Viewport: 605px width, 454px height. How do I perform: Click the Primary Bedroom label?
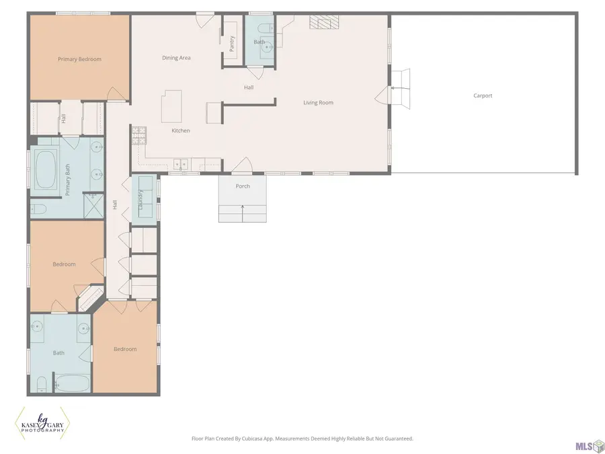[79, 59]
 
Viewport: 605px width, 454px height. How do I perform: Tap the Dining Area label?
[176, 58]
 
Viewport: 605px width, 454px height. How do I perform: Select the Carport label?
[483, 96]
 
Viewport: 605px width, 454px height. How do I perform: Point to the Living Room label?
[319, 103]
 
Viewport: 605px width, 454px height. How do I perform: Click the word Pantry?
[232, 44]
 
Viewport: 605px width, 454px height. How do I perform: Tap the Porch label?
[243, 186]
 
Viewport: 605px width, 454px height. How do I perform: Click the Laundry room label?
[140, 200]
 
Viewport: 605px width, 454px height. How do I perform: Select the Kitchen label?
[181, 130]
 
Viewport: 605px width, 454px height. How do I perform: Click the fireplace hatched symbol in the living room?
[324, 22]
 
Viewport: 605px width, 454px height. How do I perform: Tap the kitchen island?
[171, 106]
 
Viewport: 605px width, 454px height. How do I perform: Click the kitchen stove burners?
[139, 135]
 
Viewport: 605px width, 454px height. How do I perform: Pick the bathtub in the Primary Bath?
[45, 169]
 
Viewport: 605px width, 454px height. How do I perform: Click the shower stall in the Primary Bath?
[94, 205]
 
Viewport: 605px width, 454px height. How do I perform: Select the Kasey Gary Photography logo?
[42, 424]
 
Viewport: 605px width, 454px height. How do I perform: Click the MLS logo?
[590, 447]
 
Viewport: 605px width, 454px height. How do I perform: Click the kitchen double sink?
[181, 165]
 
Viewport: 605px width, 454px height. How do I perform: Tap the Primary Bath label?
[68, 180]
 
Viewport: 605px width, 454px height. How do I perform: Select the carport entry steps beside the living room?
[401, 89]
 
